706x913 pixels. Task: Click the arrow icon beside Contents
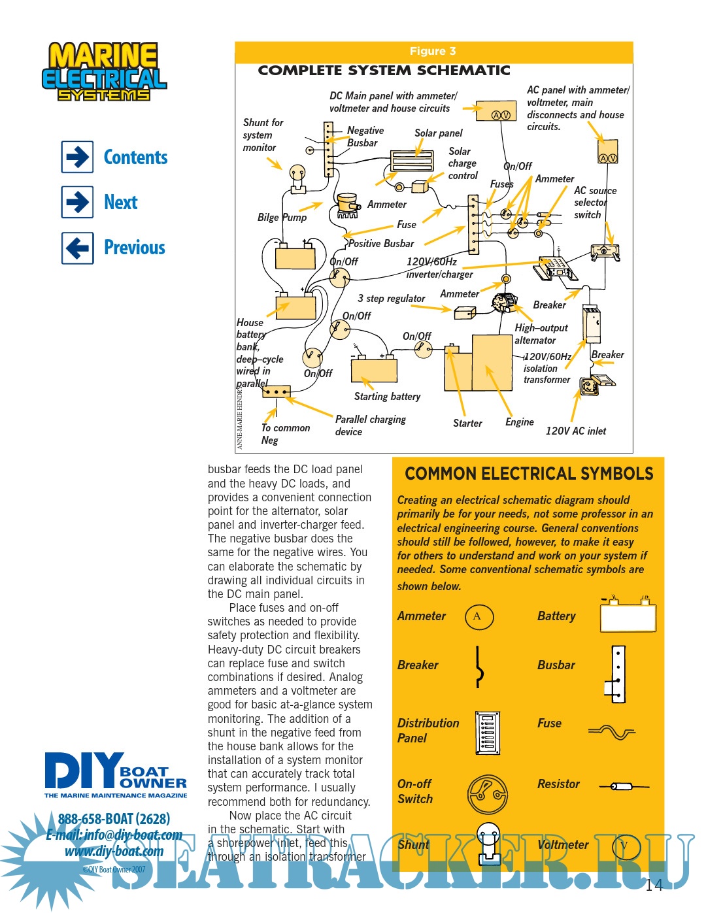pyautogui.click(x=78, y=157)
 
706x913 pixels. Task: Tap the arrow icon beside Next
pyautogui.click(x=78, y=202)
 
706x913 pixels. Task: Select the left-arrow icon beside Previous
pyautogui.click(x=78, y=248)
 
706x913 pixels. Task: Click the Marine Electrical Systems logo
pyautogui.click(x=105, y=72)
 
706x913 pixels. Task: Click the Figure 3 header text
pyautogui.click(x=433, y=51)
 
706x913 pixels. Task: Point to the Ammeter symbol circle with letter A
pyautogui.click(x=479, y=616)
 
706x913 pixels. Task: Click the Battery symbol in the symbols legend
pyautogui.click(x=628, y=616)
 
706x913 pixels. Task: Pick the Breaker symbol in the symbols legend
pyautogui.click(x=479, y=667)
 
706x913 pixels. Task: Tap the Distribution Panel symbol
pyautogui.click(x=488, y=733)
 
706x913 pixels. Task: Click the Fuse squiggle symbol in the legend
pyautogui.click(x=612, y=732)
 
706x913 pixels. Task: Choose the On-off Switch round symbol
pyautogui.click(x=488, y=793)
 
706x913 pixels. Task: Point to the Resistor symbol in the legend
pyautogui.click(x=624, y=786)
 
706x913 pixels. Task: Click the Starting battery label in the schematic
pyautogui.click(x=387, y=397)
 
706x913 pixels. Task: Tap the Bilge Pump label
pyautogui.click(x=282, y=218)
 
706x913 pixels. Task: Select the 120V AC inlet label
pyautogui.click(x=575, y=431)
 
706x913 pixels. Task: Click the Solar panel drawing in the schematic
pyautogui.click(x=412, y=161)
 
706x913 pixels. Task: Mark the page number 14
pyautogui.click(x=654, y=885)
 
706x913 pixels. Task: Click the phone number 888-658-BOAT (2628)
pyautogui.click(x=114, y=819)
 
